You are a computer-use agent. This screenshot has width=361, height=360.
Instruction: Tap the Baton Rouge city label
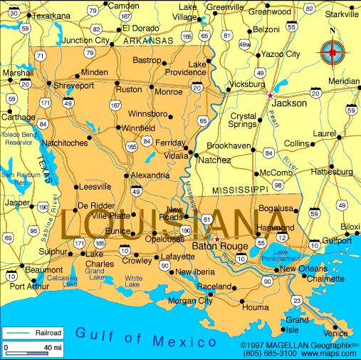tap(220, 247)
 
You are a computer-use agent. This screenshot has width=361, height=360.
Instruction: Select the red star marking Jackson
tap(270, 94)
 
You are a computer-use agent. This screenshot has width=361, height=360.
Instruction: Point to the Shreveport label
tap(74, 86)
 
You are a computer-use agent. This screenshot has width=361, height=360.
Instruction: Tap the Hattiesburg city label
tap(333, 172)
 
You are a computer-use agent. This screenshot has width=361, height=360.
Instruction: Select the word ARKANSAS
tap(148, 41)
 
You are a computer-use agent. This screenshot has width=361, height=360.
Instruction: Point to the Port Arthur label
tap(31, 287)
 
